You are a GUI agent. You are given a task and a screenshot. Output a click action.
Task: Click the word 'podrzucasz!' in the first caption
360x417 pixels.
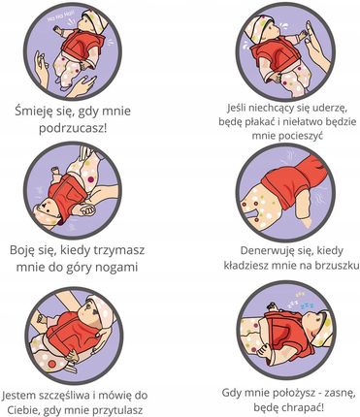click(73, 129)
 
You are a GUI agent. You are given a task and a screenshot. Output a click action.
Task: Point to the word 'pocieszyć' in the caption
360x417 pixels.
click(287, 136)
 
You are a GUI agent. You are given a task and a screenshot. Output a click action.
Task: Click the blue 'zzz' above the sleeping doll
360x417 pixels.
click(307, 305)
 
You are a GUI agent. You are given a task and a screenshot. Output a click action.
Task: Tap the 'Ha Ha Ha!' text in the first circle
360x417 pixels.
click(60, 16)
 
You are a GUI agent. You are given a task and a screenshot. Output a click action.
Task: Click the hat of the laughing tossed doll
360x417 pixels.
click(94, 20)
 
